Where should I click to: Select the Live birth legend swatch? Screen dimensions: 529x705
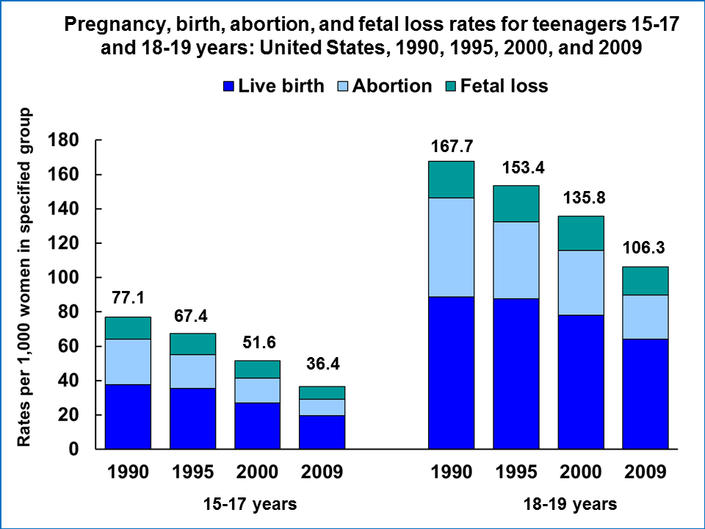pos(231,87)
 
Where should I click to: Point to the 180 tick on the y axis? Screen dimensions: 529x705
pos(63,140)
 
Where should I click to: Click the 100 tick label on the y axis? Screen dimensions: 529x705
pos(63,278)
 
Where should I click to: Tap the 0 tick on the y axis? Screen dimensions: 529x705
pos(73,449)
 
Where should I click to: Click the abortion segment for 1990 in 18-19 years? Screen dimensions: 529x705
pos(452,247)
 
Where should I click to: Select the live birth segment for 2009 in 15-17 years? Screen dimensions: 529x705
pos(322,432)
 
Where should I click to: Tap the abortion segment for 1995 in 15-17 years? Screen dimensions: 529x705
pos(192,371)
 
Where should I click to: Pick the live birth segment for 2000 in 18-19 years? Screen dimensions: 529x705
pos(581,382)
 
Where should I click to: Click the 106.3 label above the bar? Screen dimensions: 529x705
pos(646,250)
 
